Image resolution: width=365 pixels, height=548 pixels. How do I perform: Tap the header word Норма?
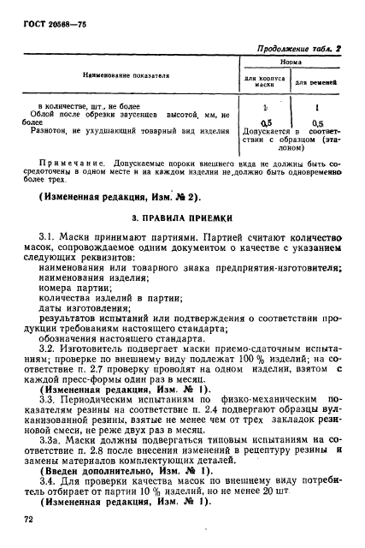[291, 63]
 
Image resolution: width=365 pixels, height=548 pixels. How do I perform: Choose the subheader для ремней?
[318, 83]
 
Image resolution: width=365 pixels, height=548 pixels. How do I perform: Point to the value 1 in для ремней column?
[318, 109]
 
